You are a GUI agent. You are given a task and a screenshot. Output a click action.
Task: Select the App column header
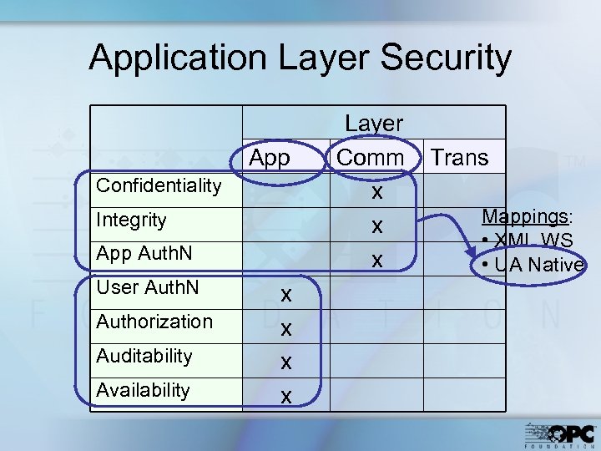(x=270, y=158)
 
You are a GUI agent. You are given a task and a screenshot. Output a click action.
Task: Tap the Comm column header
(x=370, y=158)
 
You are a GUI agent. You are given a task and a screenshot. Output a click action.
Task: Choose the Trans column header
(x=460, y=158)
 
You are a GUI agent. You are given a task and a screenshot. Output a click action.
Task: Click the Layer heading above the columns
(x=374, y=124)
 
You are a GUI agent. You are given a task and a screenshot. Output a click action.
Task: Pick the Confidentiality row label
(x=159, y=185)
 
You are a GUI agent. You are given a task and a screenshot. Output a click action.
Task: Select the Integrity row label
(x=131, y=220)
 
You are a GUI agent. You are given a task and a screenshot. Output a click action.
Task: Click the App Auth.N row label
(x=144, y=254)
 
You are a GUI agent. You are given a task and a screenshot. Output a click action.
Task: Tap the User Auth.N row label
(x=147, y=288)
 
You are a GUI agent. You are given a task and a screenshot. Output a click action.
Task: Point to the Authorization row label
(x=154, y=322)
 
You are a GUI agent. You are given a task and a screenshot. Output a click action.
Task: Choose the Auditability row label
(x=144, y=356)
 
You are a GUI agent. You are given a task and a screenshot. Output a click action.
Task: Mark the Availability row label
(x=143, y=390)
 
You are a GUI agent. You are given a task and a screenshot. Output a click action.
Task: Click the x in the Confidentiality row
(x=377, y=192)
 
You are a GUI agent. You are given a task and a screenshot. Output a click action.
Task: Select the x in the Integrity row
(x=377, y=226)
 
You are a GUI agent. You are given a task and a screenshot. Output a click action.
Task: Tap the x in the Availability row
(x=285, y=397)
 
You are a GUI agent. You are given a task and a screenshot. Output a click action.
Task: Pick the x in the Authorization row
(x=285, y=329)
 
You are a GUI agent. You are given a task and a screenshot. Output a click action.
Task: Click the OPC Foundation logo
(x=560, y=433)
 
